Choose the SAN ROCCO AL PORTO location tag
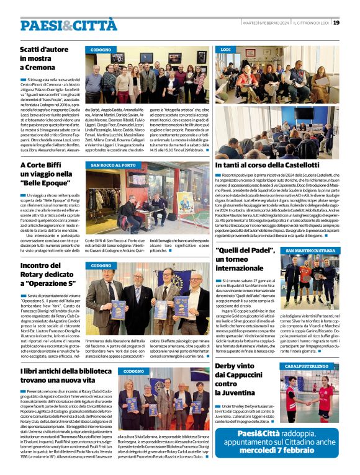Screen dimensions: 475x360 (x=112, y=166)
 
